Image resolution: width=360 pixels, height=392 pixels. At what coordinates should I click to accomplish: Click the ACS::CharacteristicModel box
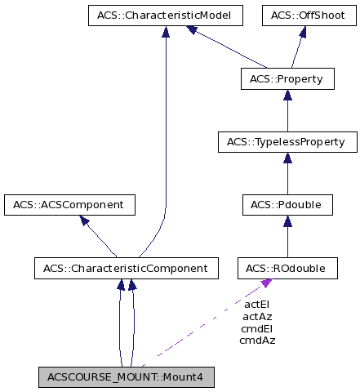[165, 16]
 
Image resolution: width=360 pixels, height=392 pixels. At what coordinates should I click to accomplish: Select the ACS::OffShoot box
[302, 16]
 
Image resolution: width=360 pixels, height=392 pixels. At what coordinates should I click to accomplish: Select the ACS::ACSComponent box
[69, 205]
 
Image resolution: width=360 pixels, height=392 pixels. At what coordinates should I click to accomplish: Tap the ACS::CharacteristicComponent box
[126, 267]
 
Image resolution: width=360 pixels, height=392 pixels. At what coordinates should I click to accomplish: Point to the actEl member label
[257, 305]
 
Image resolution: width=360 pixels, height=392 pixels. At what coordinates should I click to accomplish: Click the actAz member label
[257, 316]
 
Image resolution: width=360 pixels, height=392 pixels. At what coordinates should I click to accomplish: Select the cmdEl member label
[257, 328]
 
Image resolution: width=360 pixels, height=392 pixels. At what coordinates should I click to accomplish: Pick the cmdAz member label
[257, 340]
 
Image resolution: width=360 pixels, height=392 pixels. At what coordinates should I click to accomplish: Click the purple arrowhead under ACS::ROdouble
[265, 283]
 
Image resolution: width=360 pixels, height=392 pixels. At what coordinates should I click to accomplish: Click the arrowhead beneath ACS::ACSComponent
[82, 220]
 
